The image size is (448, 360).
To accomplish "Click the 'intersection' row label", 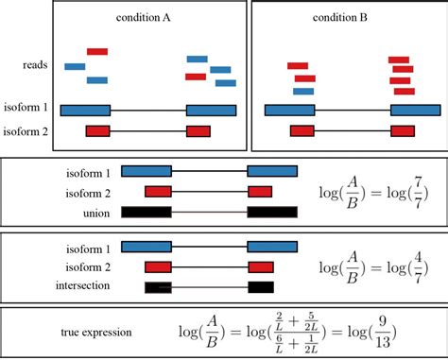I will (84, 285).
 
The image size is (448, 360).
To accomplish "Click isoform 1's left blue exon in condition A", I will (86, 109).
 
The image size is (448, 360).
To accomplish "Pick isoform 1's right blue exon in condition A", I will (212, 109).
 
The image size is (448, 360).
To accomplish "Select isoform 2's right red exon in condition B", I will (405, 131).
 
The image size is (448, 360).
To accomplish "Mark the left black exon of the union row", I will (146, 212).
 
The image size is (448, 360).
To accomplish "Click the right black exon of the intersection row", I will (261, 286).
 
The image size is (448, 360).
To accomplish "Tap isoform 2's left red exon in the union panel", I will (158, 191).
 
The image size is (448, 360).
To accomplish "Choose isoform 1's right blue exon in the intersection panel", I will (272, 246).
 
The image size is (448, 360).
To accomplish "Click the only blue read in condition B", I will (303, 92).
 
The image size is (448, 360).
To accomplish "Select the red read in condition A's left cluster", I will (96, 51).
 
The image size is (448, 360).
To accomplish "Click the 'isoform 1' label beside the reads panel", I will (26, 109).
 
